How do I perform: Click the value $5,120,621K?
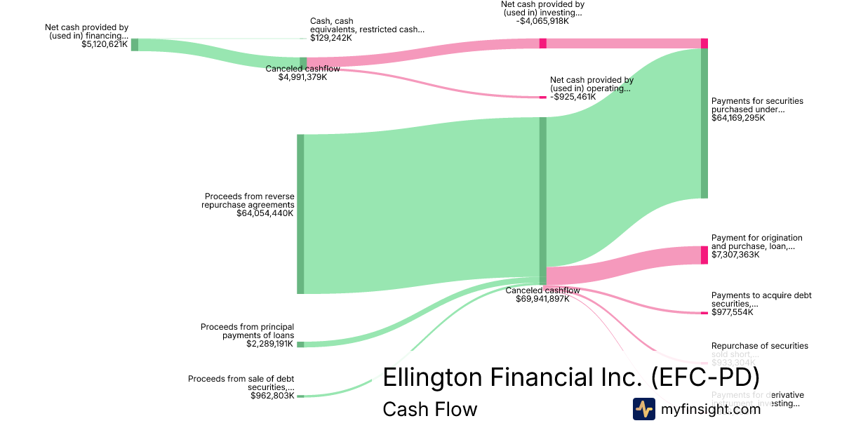click(105, 44)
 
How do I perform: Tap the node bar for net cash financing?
click(135, 45)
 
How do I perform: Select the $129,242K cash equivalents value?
click(331, 38)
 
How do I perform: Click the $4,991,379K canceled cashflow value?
click(302, 77)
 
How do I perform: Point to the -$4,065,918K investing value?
click(542, 21)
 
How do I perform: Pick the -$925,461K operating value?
click(573, 97)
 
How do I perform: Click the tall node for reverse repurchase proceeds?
click(300, 214)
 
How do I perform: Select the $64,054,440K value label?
click(265, 213)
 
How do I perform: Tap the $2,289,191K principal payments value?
click(269, 344)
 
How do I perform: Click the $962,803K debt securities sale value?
click(272, 396)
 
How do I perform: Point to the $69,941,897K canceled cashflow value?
click(542, 299)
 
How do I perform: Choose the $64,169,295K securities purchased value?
click(738, 118)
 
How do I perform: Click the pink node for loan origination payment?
click(704, 255)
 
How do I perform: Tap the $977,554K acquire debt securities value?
click(733, 312)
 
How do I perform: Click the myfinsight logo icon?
click(644, 409)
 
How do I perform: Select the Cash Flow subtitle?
click(429, 409)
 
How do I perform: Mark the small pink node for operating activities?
click(542, 97)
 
